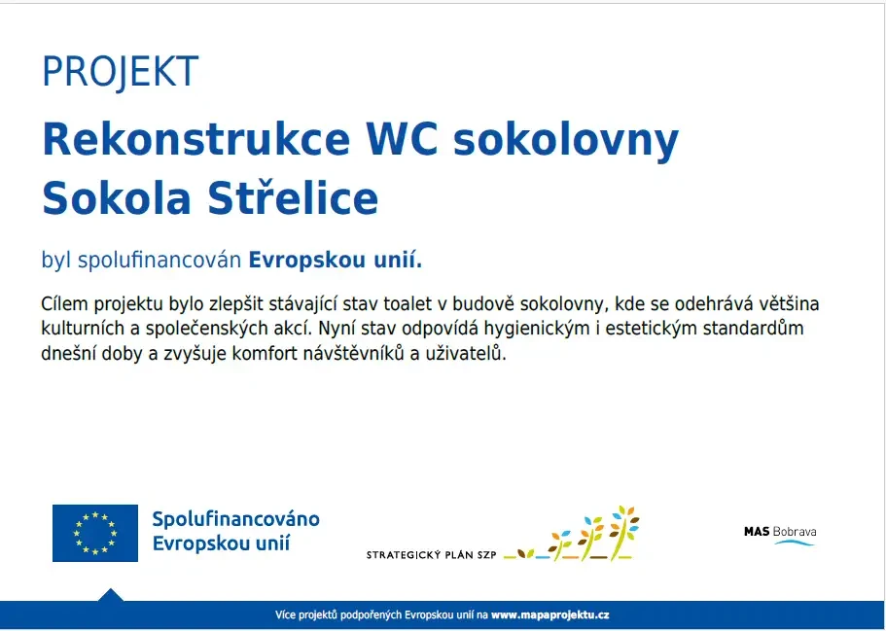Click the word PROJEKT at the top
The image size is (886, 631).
coord(120,72)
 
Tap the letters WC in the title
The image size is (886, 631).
coord(402,139)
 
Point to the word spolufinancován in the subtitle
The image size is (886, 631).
coord(159,261)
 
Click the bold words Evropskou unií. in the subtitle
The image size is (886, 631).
coord(336,261)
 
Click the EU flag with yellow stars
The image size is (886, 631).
coord(95,533)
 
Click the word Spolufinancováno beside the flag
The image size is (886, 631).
coord(236,519)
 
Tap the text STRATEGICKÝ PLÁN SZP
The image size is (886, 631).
coord(431,555)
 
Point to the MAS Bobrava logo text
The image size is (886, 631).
coord(780,532)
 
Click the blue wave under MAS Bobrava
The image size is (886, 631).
coord(795,543)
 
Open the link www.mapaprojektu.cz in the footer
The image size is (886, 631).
coord(549,615)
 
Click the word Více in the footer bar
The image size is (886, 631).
coord(285,615)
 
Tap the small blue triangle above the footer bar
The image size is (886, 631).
coord(110,595)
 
